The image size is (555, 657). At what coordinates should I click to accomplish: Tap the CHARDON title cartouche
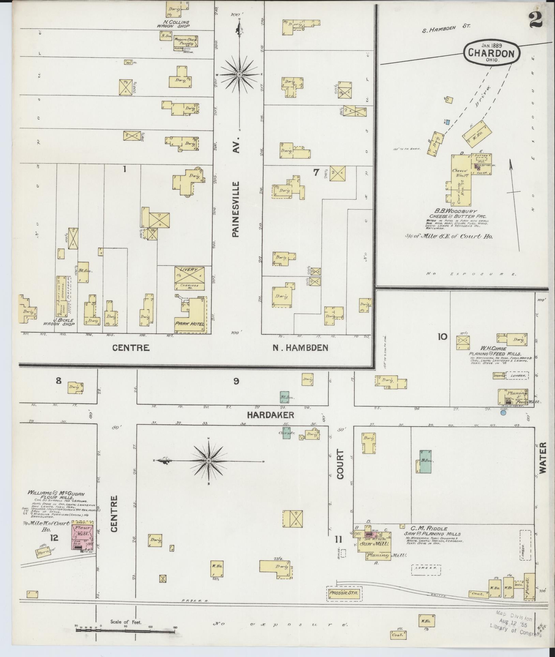coord(491,52)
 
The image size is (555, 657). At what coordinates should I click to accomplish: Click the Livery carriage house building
coord(189,278)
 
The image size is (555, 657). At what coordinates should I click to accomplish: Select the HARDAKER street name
coord(271,415)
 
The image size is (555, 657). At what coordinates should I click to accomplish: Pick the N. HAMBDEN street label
coord(300,348)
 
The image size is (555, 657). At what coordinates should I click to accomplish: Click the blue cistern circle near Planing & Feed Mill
coord(503,413)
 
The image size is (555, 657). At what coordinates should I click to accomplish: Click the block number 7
coord(316,173)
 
